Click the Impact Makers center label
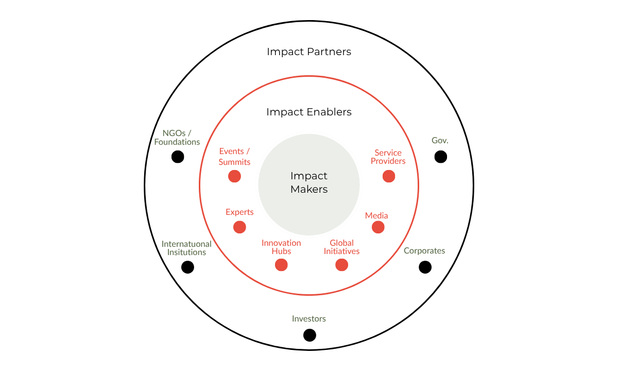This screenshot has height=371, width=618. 309,182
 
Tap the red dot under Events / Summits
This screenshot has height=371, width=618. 234,176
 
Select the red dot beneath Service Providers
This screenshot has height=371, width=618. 389,176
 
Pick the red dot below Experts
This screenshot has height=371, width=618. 239,227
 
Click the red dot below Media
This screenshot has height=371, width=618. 378,227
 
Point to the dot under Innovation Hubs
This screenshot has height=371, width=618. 281,265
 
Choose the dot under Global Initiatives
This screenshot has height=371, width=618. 341,265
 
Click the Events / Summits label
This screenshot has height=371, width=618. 234,157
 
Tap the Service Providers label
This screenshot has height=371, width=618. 388,157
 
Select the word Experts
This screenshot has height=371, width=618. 239,212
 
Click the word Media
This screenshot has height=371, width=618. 376,215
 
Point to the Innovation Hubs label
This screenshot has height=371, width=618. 281,247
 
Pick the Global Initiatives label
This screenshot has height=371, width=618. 341,247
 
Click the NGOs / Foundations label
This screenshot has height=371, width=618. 177,137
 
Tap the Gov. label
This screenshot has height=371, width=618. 440,140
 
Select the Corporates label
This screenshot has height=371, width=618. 424,251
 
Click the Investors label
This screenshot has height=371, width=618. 309,318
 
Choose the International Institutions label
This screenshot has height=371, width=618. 186,248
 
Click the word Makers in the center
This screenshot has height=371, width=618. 309,189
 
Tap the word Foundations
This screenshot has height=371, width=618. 177,142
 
